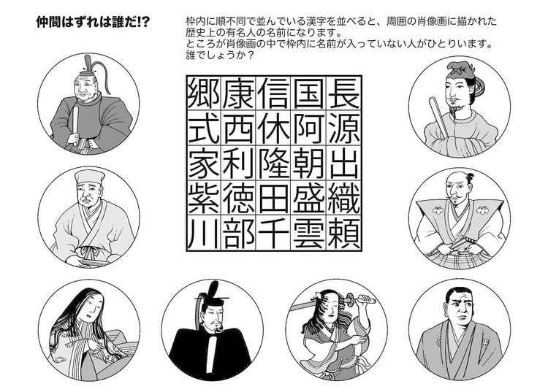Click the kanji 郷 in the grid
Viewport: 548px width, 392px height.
click(x=204, y=93)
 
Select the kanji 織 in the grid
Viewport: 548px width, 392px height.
click(x=344, y=199)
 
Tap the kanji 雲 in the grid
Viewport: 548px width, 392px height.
click(x=308, y=233)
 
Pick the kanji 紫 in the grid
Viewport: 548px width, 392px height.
click(x=204, y=199)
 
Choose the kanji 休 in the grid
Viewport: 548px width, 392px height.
click(x=274, y=128)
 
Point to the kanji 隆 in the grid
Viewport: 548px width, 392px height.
click(x=274, y=163)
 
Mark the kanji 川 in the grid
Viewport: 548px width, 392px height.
click(x=204, y=233)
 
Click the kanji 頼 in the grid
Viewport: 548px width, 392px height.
click(x=344, y=233)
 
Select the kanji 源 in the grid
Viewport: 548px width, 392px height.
click(x=344, y=128)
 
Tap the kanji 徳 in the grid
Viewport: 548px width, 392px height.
click(x=239, y=199)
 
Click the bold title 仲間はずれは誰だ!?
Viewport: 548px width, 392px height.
click(x=93, y=23)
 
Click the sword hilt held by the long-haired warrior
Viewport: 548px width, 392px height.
click(x=360, y=299)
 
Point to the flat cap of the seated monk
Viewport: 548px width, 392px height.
click(x=89, y=177)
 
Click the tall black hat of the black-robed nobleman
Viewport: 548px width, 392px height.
click(x=212, y=294)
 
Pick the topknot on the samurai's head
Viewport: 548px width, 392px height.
click(x=470, y=177)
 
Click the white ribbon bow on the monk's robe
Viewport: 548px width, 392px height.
click(x=89, y=250)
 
